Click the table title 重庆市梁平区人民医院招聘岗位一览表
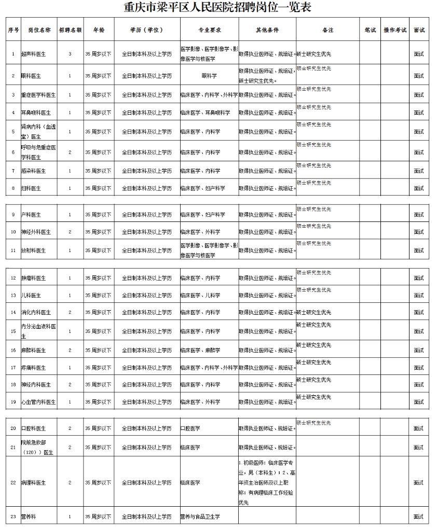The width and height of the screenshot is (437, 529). (x=218, y=8)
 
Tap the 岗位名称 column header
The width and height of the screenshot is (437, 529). (x=39, y=30)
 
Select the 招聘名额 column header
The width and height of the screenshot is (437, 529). (x=70, y=30)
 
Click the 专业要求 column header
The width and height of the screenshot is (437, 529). (x=209, y=30)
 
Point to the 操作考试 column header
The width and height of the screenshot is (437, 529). (x=395, y=30)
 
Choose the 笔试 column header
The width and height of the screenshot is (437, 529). (x=370, y=30)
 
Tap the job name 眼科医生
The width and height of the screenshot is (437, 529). (x=31, y=76)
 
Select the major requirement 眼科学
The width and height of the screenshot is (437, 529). (x=209, y=76)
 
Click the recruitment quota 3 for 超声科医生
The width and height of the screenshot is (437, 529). (x=70, y=53)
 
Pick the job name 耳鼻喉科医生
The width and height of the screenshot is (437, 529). (x=36, y=113)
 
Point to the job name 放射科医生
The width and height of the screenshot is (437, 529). (x=33, y=250)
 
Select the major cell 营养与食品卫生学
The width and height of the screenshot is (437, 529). (x=200, y=517)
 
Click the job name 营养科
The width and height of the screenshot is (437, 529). (x=29, y=517)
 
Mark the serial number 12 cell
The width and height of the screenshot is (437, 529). (x=13, y=279)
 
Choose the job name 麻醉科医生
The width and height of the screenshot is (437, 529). (x=33, y=351)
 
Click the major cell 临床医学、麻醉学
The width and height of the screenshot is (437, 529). (x=200, y=351)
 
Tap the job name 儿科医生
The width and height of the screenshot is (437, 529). (x=31, y=296)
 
